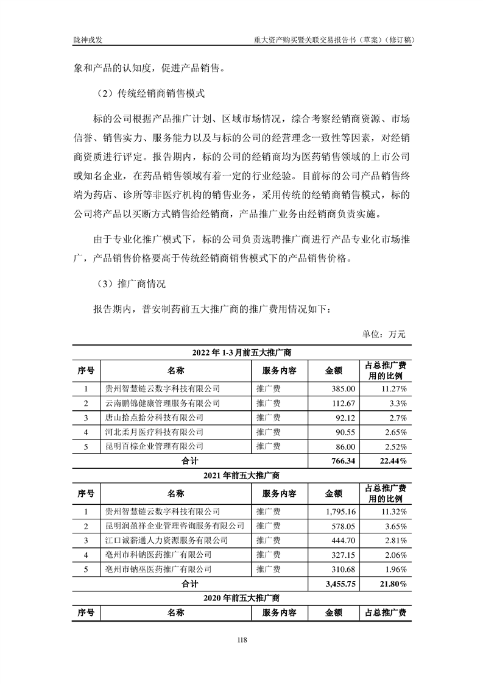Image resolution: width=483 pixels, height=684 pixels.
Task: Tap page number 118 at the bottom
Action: tap(242, 639)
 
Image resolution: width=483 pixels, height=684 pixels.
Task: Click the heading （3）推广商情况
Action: tap(127, 283)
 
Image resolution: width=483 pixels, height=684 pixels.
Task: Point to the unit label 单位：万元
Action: tap(384, 333)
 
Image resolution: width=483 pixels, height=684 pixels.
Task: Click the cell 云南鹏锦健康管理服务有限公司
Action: tap(163, 403)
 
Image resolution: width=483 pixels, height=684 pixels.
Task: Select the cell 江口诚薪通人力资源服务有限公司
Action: tap(167, 541)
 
